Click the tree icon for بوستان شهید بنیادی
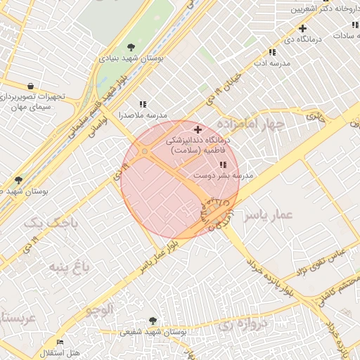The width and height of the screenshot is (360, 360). tap(131, 47)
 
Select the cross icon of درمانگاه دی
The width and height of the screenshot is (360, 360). tap(302, 29)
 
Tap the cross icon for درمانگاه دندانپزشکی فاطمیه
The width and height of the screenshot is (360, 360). tap(198, 129)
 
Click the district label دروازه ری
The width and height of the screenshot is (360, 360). tap(243, 324)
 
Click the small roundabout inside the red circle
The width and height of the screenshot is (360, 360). tap(145, 151)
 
